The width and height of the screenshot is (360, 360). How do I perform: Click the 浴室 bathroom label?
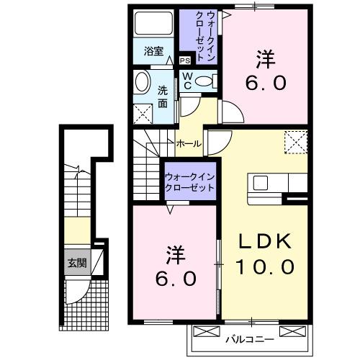153,51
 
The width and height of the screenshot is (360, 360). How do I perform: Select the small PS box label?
184,61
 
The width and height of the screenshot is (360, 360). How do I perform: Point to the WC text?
186,80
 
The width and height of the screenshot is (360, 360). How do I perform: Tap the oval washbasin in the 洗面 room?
143,81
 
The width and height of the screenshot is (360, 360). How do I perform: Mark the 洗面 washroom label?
163,97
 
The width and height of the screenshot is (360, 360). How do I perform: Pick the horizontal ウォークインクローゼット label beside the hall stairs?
189,180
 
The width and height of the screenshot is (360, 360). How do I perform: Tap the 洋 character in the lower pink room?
176,255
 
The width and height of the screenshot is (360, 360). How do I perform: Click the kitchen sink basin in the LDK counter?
259,181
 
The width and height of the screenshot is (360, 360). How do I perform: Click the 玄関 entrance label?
77,263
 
